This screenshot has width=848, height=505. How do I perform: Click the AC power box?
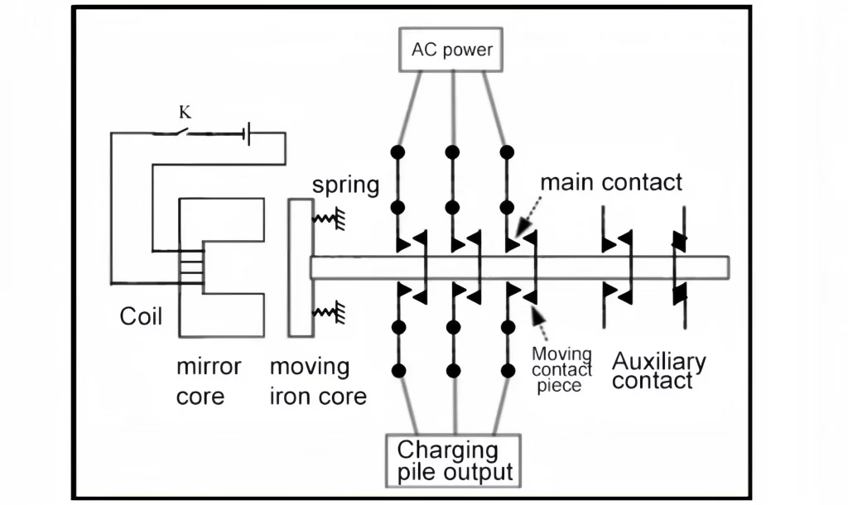point(451,50)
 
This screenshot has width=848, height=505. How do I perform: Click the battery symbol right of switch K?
point(247,132)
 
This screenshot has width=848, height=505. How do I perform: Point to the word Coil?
point(142,317)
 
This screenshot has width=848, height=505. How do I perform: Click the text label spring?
point(345,184)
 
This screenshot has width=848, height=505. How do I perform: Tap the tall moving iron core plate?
point(300,267)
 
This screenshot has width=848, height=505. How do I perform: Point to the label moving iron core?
point(317,382)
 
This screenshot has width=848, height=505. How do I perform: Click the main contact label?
point(611,182)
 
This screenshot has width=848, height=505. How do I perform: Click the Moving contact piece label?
point(561,369)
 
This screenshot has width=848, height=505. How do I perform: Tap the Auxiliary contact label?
point(659,371)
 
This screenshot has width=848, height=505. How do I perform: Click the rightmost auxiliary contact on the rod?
point(679,267)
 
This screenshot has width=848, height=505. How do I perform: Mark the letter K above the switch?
point(185,110)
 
